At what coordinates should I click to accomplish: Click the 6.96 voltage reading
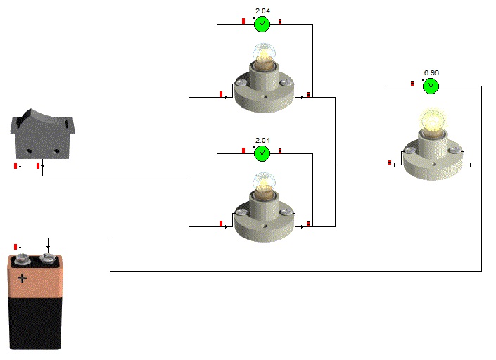(x=431, y=72)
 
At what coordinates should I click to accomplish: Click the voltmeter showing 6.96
(x=431, y=86)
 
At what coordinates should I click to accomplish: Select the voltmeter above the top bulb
(x=262, y=25)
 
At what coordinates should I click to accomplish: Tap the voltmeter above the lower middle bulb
(x=262, y=153)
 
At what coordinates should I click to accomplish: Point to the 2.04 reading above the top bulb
(x=262, y=11)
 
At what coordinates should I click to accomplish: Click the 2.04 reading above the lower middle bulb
(x=262, y=140)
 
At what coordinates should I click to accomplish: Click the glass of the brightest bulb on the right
(x=433, y=121)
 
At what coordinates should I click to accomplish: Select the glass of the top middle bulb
(x=264, y=53)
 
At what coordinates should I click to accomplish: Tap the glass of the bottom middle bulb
(x=264, y=181)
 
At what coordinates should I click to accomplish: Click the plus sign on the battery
(x=22, y=278)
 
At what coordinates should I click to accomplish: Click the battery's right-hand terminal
(x=48, y=259)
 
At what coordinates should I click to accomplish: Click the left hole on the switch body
(x=29, y=151)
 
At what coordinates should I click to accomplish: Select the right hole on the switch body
(x=56, y=151)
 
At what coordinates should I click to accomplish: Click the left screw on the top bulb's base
(x=241, y=83)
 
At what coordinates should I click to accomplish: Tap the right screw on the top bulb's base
(x=286, y=83)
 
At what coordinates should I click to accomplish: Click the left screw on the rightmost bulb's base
(x=410, y=150)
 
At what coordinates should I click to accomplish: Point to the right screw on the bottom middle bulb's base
(x=286, y=212)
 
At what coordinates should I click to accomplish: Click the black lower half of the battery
(x=35, y=323)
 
